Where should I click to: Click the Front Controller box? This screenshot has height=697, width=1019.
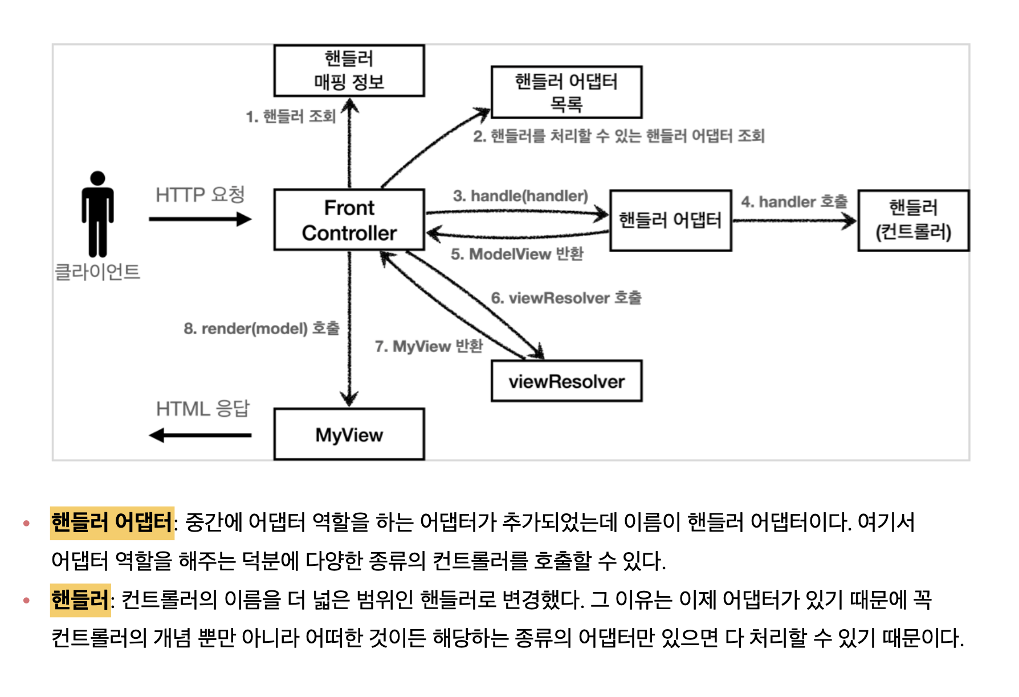(349, 220)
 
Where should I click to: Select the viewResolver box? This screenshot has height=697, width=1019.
(566, 381)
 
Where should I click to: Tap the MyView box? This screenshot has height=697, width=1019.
(349, 435)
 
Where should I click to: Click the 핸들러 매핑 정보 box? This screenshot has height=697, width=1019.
(349, 71)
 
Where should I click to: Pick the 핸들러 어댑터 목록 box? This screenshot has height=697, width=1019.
(566, 92)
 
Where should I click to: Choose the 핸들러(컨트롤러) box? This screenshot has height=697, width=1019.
(913, 220)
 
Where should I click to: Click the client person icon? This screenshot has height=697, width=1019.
(97, 214)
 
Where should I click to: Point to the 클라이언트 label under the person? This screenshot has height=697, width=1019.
(97, 272)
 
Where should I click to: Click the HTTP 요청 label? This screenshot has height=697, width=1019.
(200, 195)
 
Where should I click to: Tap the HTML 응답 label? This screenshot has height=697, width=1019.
(202, 409)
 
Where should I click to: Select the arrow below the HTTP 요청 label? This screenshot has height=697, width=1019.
(200, 219)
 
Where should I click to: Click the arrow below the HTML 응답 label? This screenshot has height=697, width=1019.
(200, 435)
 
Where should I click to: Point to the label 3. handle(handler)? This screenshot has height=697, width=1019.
(520, 196)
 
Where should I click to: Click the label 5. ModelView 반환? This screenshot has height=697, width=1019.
(517, 254)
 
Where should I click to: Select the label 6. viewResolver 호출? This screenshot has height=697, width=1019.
(566, 298)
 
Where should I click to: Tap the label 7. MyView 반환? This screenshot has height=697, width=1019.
(429, 346)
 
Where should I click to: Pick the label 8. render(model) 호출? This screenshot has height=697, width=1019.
(262, 329)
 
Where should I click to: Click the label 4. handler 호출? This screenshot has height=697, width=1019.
(794, 202)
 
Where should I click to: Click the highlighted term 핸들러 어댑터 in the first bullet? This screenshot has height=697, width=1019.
(112, 522)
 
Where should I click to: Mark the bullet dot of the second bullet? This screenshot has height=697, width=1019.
(26, 600)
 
